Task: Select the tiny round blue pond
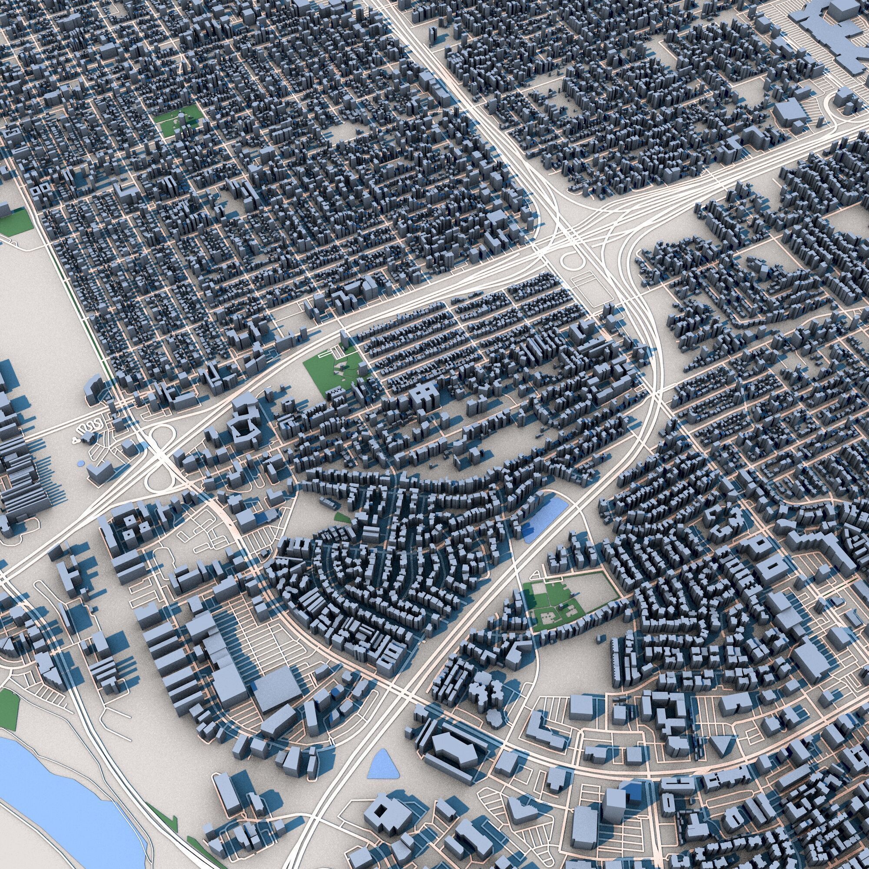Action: (80, 463)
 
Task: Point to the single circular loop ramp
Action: (570, 260)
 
